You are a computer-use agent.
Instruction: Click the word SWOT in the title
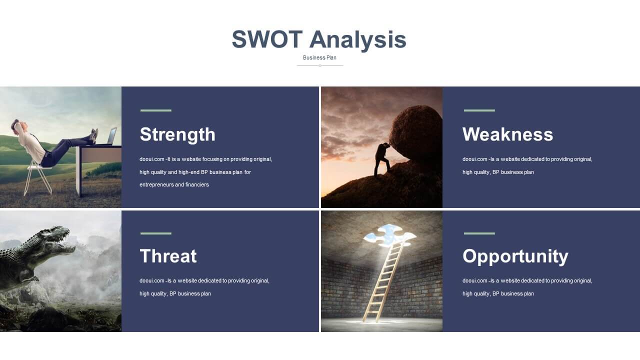(267, 39)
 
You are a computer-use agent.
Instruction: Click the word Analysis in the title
(357, 40)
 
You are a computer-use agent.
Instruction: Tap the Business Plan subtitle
(319, 57)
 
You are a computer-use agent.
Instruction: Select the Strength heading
(177, 135)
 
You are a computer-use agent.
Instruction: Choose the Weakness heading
(507, 134)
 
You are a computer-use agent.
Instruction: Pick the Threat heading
(168, 256)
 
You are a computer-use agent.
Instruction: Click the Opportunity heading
(515, 256)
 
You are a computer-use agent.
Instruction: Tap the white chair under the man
(38, 178)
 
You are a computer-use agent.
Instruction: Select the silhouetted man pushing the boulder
(382, 159)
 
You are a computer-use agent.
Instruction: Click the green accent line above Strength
(156, 110)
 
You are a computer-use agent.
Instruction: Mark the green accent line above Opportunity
(479, 233)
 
